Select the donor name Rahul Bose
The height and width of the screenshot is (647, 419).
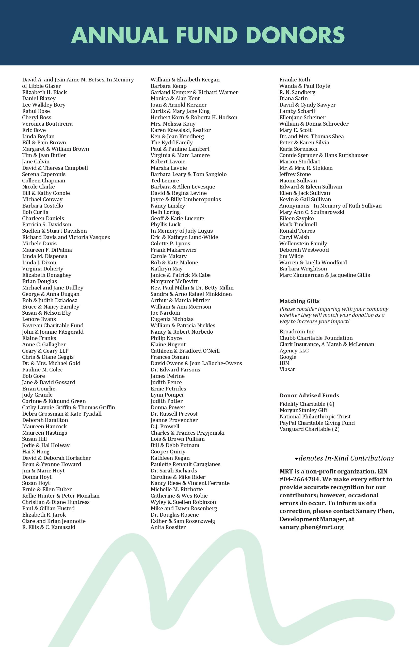(36, 111)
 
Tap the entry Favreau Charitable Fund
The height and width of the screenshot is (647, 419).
(53, 325)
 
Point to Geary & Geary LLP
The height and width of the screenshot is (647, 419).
(45, 351)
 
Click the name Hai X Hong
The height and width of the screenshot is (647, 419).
(36, 452)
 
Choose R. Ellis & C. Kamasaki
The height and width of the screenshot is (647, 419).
(49, 527)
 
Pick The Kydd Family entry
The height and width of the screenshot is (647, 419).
(172, 143)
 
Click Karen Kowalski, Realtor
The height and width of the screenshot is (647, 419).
(181, 130)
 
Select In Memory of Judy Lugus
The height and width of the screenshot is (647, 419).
(182, 231)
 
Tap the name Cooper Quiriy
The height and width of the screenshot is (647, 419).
(168, 452)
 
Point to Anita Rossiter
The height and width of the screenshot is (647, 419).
(168, 527)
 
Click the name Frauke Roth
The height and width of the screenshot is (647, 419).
(295, 80)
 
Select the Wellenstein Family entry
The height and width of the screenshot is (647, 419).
(303, 244)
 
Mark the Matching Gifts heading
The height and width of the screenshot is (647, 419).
(300, 301)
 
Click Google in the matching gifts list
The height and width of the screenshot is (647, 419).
(288, 357)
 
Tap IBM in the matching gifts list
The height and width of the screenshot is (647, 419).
(285, 363)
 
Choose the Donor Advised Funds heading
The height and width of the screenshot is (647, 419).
(309, 396)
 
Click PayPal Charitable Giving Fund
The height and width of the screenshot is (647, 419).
(317, 423)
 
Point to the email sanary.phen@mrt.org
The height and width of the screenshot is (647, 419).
(312, 527)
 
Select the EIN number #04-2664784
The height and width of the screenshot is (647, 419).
(300, 479)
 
